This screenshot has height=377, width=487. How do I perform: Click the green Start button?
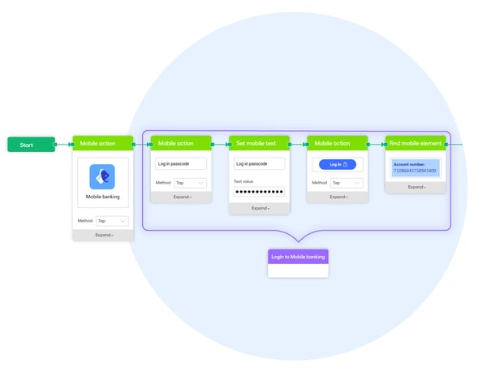coord(31,145)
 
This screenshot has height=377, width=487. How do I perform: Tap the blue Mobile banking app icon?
coord(102,176)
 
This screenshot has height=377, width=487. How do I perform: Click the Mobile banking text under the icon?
coord(102,197)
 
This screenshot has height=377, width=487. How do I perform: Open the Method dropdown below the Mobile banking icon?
coord(112,220)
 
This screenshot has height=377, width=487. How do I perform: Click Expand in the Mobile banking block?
coord(103,235)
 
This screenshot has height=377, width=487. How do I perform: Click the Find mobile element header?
coord(416,143)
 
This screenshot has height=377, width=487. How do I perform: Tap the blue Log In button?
coord(337,164)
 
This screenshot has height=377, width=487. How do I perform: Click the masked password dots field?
coord(259,192)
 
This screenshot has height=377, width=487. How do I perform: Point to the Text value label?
coord(243,181)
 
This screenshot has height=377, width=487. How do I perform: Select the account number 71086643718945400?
coord(415,171)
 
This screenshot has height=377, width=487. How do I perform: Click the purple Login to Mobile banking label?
coord(298,257)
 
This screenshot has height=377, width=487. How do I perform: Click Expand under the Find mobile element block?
coord(416,187)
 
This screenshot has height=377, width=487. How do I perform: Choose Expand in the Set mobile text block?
coord(259,208)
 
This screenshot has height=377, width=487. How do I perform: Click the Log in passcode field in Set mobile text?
coord(259,164)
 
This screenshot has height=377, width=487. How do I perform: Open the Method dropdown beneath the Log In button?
coord(347,183)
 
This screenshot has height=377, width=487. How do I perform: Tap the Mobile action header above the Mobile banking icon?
coord(103,143)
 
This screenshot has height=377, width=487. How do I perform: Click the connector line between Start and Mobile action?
coord(63,145)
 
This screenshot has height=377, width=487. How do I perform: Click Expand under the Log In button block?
coord(337,197)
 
